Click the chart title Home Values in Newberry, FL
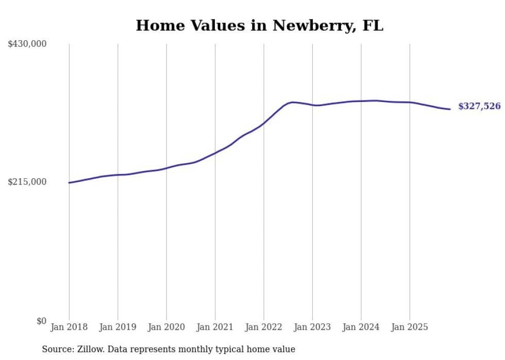point(259,25)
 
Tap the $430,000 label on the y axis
point(27,44)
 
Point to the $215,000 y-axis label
point(27,182)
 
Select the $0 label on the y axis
point(41,321)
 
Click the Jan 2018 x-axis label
point(69,328)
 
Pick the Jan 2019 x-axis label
point(117,328)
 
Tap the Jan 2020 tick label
point(166,328)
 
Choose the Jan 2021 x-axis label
point(215,328)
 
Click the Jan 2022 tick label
point(264,328)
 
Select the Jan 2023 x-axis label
point(312,328)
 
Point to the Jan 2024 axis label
point(361,328)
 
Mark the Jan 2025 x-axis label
point(410,328)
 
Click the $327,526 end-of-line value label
point(479,107)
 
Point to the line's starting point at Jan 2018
point(69,183)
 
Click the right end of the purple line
point(450,109)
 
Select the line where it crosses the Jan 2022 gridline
point(264,123)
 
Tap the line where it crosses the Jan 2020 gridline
point(166,168)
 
